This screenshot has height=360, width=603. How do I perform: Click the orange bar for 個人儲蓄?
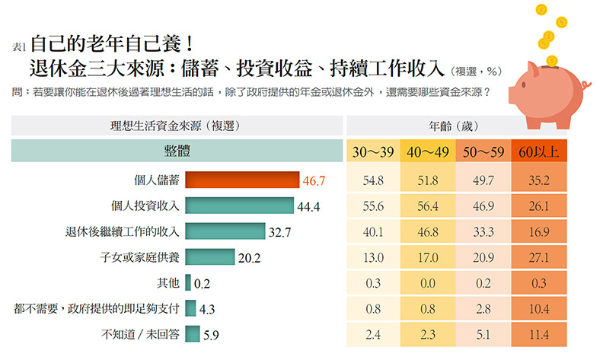coord(242,180)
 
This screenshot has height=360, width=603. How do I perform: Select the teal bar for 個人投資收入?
coord(239,205)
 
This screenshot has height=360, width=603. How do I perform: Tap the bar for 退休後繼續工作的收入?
coord(225,231)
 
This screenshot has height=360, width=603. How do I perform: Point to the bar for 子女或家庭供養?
coord(209,257)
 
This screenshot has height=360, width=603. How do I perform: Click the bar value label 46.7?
coord(314,181)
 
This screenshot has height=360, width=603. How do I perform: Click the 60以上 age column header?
coord(538,151)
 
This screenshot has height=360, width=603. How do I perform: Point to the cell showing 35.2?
coord(538,181)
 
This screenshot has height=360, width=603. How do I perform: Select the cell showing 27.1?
coord(538,257)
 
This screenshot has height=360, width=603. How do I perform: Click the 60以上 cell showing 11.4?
coord(538,334)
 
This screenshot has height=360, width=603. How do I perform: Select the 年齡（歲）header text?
coord(455,126)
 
